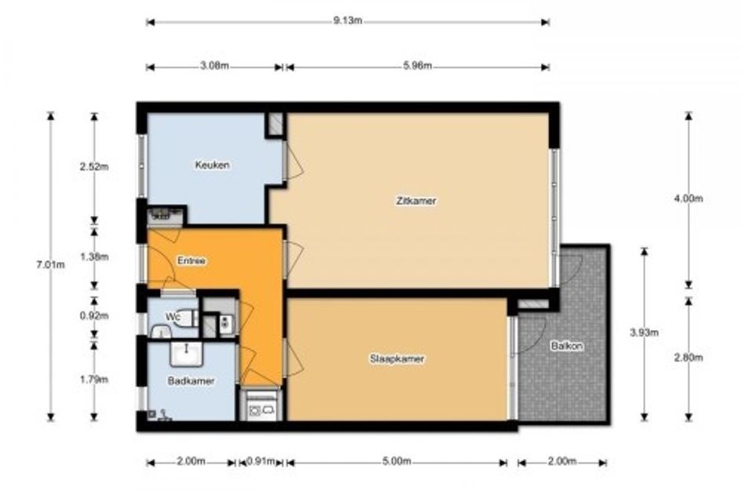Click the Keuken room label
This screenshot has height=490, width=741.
(212, 165)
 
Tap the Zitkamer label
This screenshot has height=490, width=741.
(416, 201)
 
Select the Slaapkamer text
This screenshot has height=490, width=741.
(397, 358)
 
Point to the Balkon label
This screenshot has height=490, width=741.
(567, 347)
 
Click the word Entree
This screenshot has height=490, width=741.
(191, 261)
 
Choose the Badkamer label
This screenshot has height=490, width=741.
(191, 381)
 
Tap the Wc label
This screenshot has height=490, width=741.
(173, 317)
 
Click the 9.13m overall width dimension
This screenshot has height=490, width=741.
(347, 21)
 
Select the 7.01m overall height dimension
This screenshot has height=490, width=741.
(50, 265)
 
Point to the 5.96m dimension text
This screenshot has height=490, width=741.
(417, 66)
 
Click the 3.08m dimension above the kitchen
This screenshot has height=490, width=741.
(214, 66)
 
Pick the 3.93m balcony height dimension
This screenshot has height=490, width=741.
(644, 332)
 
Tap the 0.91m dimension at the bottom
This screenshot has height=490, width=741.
(261, 462)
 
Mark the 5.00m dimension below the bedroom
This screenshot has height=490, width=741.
(397, 462)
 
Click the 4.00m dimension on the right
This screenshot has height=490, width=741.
(688, 198)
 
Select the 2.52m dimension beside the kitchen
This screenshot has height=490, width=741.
(94, 166)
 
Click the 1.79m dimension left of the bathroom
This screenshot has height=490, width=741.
(94, 379)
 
